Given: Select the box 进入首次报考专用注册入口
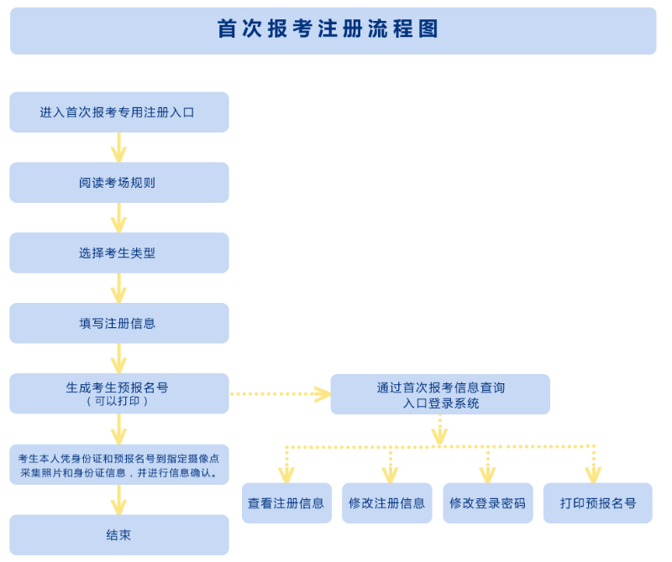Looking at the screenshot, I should [x=118, y=112].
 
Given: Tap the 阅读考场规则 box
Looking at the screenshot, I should [x=118, y=182].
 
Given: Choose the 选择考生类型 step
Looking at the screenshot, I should [x=118, y=252].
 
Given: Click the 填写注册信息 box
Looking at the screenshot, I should [x=118, y=323].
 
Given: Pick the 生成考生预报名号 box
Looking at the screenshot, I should [x=118, y=388].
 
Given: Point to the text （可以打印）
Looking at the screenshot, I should [x=118, y=402].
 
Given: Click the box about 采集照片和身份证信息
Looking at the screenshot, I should [x=118, y=465].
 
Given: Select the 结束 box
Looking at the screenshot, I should [x=118, y=534].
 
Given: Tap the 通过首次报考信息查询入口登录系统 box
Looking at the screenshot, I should [x=440, y=394].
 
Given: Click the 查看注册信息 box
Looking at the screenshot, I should [x=286, y=503].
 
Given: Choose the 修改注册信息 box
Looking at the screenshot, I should [x=386, y=503].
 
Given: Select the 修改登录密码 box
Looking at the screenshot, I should [x=487, y=503].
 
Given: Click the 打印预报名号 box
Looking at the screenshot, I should [x=597, y=503].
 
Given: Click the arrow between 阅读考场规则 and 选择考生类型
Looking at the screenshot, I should [x=118, y=217].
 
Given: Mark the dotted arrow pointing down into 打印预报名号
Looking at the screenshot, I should [x=593, y=465].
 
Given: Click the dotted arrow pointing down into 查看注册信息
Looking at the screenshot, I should [x=286, y=465].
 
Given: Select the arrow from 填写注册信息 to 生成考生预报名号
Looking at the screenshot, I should [x=118, y=358].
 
